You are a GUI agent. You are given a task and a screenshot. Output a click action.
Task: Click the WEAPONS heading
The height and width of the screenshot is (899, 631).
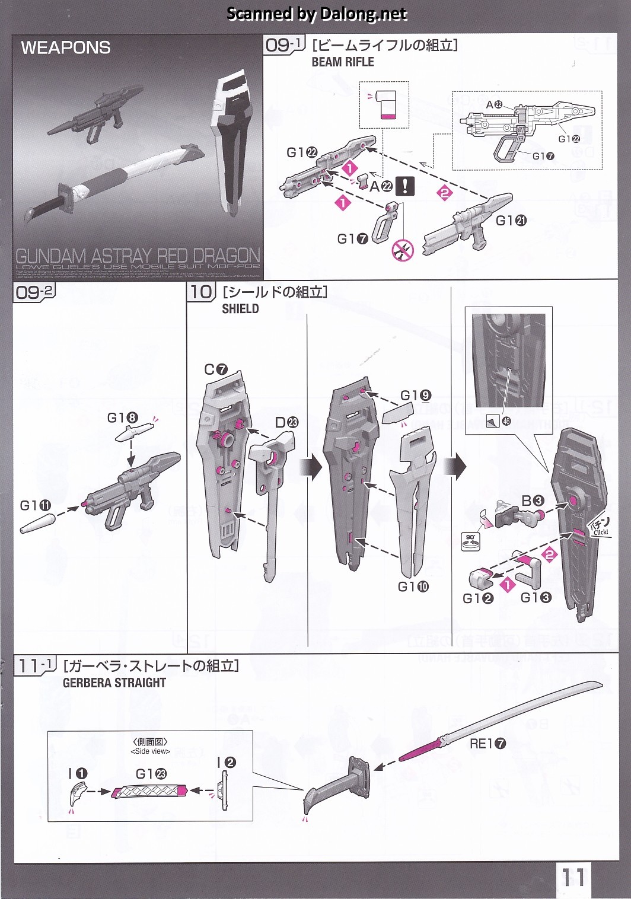pos(66,47)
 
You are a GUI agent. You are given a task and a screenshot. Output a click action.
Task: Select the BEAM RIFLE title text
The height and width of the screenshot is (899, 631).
pos(343,62)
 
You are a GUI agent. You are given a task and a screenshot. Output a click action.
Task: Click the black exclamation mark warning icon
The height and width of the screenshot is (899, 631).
pos(405,186)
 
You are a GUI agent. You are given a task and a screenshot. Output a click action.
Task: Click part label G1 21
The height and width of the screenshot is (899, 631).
pos(511,221)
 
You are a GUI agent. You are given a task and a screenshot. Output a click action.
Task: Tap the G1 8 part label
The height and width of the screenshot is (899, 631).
pos(122,418)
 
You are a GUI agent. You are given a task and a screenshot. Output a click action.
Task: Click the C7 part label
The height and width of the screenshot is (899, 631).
pos(216,369)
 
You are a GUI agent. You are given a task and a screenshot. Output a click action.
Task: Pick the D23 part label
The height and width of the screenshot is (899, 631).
pos(286,422)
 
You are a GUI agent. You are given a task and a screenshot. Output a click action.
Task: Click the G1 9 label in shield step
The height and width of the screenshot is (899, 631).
pos(416,396)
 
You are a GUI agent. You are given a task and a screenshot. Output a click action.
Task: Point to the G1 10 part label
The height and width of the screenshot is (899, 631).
pos(413,586)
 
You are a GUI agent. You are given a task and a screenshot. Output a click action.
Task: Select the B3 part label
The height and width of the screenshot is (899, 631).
pos(533,501)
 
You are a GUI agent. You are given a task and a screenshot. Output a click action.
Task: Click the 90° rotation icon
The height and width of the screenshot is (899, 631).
pos(470,541)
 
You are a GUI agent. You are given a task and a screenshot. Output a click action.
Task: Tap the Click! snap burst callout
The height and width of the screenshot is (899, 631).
pos(599,528)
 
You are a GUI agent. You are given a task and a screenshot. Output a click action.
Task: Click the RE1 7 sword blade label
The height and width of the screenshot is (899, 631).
pos(487,744)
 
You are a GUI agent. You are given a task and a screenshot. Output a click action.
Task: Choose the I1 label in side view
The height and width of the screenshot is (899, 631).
pos(78,773)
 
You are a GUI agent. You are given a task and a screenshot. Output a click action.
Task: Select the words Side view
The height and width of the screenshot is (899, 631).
pos(150,751)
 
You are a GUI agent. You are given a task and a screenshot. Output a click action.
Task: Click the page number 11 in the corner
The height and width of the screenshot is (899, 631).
pos(573,876)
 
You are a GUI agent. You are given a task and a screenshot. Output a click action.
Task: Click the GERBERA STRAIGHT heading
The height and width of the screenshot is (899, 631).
pos(114,683)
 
